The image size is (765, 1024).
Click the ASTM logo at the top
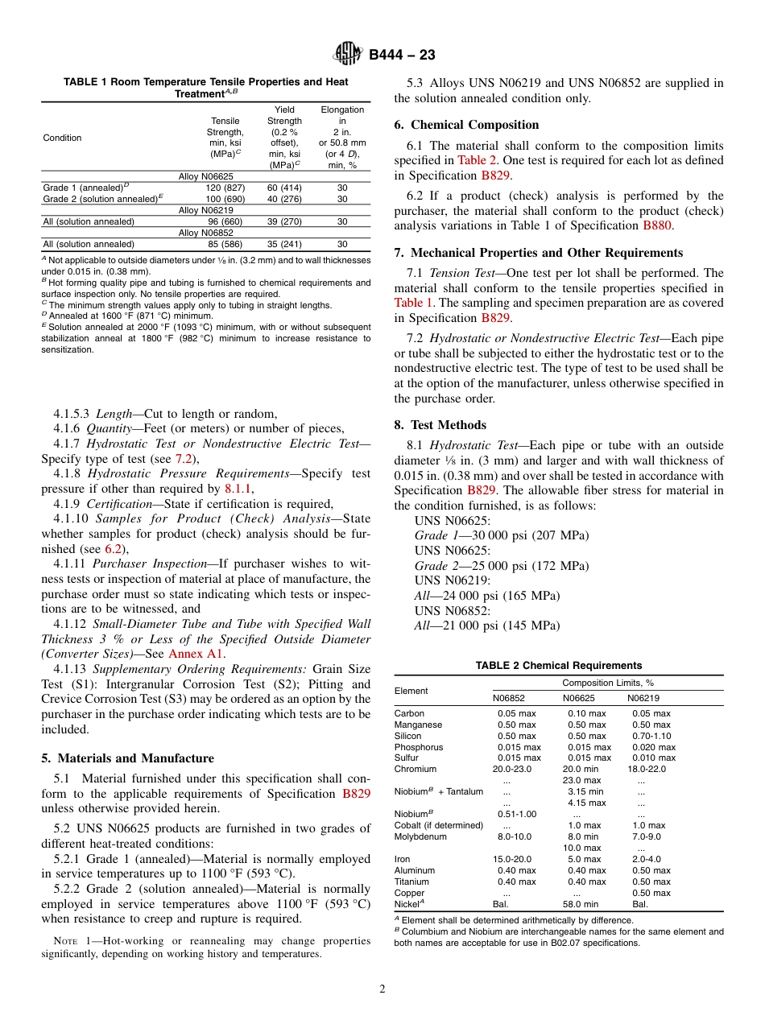tap(348, 54)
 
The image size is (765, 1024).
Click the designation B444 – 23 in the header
tap(402, 55)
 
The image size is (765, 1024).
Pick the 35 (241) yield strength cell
tap(284, 244)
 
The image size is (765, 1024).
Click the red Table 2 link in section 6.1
tap(478, 160)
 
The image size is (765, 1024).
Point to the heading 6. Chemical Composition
tap(466, 125)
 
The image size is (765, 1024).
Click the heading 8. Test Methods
tap(440, 425)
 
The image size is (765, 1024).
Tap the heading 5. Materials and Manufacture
tap(127, 758)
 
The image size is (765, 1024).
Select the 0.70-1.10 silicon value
tap(651, 736)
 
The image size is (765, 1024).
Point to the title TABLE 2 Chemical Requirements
tap(558, 666)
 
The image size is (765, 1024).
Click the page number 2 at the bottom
tap(382, 989)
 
